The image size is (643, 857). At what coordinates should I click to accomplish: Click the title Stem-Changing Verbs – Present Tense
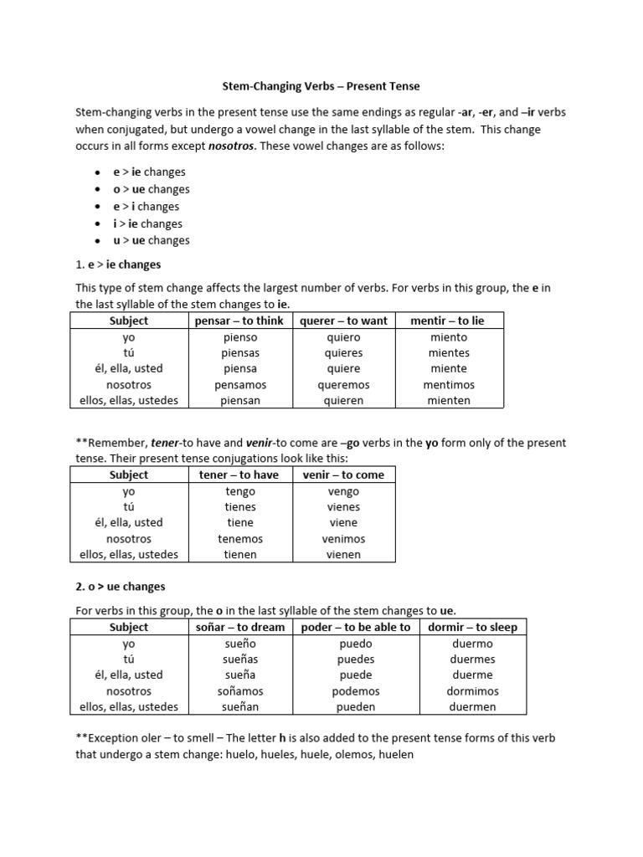[321, 86]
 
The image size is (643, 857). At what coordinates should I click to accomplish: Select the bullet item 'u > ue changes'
[151, 240]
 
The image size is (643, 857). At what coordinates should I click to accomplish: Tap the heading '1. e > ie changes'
[118, 264]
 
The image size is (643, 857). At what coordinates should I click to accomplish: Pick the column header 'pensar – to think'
[239, 321]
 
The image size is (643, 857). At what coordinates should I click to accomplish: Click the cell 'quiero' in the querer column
[343, 337]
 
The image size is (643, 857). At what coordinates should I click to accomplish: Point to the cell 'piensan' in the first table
[240, 400]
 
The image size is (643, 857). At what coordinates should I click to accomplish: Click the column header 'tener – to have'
[239, 475]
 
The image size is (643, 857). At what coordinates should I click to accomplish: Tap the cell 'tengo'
[240, 491]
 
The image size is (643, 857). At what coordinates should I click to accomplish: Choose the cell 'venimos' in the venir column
[343, 539]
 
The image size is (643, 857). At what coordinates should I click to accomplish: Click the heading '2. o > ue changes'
[121, 587]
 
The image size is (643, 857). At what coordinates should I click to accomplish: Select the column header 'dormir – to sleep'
[472, 627]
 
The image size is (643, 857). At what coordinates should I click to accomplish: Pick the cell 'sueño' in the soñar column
[240, 644]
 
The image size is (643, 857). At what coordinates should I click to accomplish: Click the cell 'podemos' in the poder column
[356, 691]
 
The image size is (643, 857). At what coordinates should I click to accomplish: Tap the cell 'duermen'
[472, 706]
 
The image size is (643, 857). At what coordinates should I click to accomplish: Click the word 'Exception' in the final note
[115, 737]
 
